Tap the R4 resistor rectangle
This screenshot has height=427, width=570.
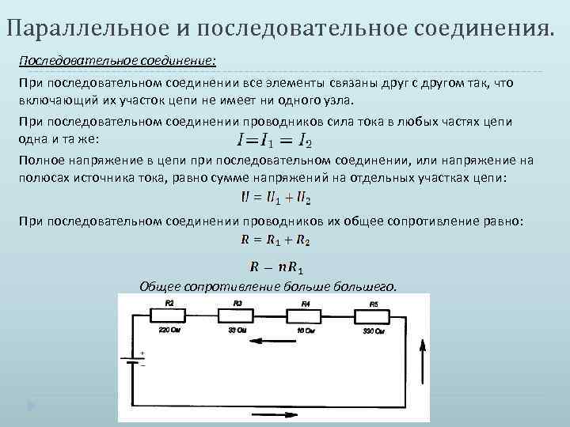tap(306, 316)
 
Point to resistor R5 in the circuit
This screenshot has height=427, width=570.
tap(373, 316)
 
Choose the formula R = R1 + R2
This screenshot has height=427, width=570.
tap(275, 239)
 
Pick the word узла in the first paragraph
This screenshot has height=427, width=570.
tap(338, 102)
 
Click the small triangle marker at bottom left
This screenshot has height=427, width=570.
tap(31, 406)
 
